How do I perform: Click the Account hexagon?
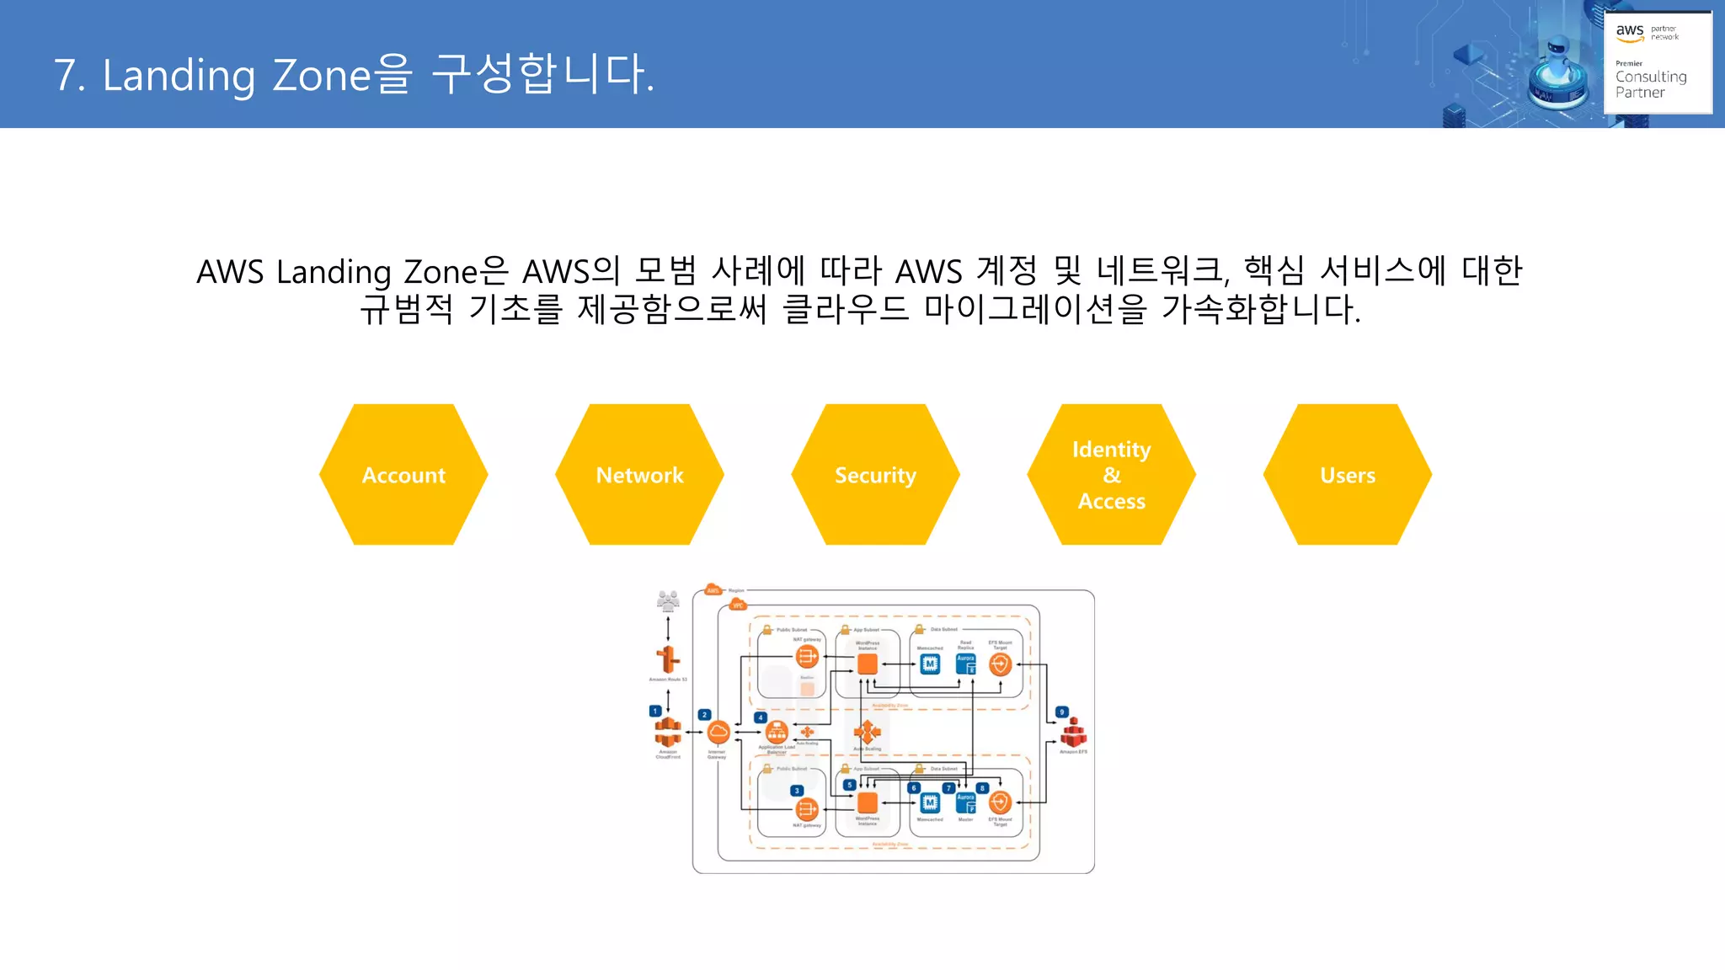click(x=403, y=474)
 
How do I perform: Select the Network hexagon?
click(x=639, y=474)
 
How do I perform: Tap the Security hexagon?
click(x=875, y=474)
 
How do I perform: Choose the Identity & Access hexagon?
click(x=1111, y=474)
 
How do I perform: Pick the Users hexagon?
click(x=1347, y=474)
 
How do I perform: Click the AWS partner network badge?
click(x=1657, y=62)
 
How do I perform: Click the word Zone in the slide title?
click(x=322, y=75)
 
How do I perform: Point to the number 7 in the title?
click(x=65, y=75)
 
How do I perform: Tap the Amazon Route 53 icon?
click(x=668, y=658)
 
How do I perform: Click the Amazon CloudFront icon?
click(x=668, y=731)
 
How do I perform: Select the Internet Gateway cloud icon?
click(x=718, y=733)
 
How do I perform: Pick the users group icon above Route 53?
click(x=668, y=600)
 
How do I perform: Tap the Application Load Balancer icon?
click(x=777, y=731)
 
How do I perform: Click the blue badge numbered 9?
click(x=1062, y=712)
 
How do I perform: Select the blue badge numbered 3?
click(x=796, y=791)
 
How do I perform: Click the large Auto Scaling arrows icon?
click(x=867, y=731)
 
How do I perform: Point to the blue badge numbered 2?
click(x=704, y=714)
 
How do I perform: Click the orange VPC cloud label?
click(x=738, y=605)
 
